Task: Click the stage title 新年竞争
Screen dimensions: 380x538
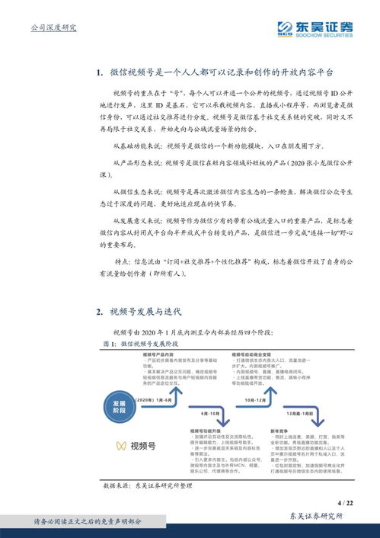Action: pos(280,431)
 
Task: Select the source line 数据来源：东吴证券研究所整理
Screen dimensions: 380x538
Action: pos(151,485)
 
